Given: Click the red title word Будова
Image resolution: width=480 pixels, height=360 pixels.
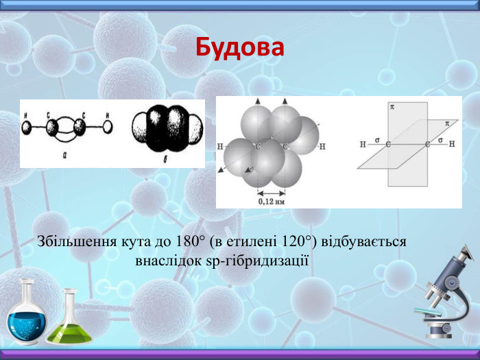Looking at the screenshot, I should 239,47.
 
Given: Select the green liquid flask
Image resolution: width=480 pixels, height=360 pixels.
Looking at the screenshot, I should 70,322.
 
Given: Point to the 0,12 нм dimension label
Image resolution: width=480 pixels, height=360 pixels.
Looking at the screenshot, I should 272,201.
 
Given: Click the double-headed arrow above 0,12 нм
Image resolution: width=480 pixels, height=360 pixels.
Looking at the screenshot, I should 272,192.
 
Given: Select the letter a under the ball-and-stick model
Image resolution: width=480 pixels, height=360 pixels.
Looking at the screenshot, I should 64,156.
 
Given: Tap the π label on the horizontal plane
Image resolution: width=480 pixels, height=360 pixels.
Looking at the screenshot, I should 446,124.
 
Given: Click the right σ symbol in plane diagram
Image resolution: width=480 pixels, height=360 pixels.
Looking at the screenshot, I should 440,140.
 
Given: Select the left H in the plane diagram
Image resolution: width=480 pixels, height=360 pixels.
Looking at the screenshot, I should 363,145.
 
